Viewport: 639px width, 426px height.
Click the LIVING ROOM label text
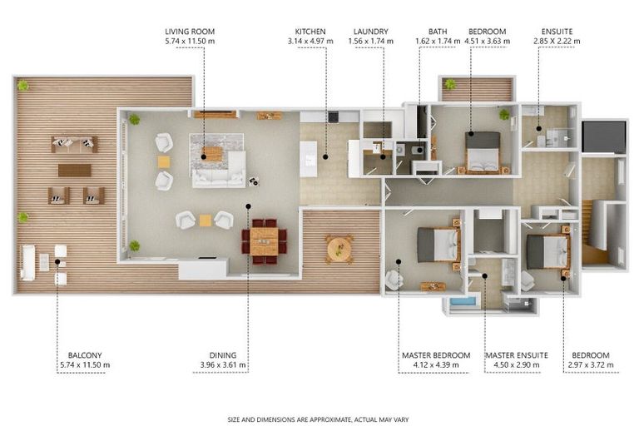pyautogui.click(x=191, y=32)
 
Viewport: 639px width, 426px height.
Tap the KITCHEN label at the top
pyautogui.click(x=310, y=32)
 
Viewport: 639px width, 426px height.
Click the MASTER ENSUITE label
pyautogui.click(x=517, y=355)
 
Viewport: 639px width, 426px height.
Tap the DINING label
pyautogui.click(x=225, y=355)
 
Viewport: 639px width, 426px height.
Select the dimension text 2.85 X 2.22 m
pyautogui.click(x=557, y=41)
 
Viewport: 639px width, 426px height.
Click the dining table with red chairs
pyautogui.click(x=264, y=241)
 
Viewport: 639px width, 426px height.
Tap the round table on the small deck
pyautogui.click(x=339, y=248)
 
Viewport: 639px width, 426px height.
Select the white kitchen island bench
pyautogui.click(x=309, y=158)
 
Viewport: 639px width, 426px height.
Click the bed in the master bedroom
pyautogui.click(x=437, y=245)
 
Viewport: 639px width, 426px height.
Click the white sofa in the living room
pyautogui.click(x=219, y=171)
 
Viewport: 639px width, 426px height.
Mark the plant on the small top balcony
pyautogui.click(x=450, y=84)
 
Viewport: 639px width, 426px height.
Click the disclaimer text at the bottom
pyautogui.click(x=319, y=419)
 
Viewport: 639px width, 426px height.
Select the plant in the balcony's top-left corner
pyautogui.click(x=23, y=85)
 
